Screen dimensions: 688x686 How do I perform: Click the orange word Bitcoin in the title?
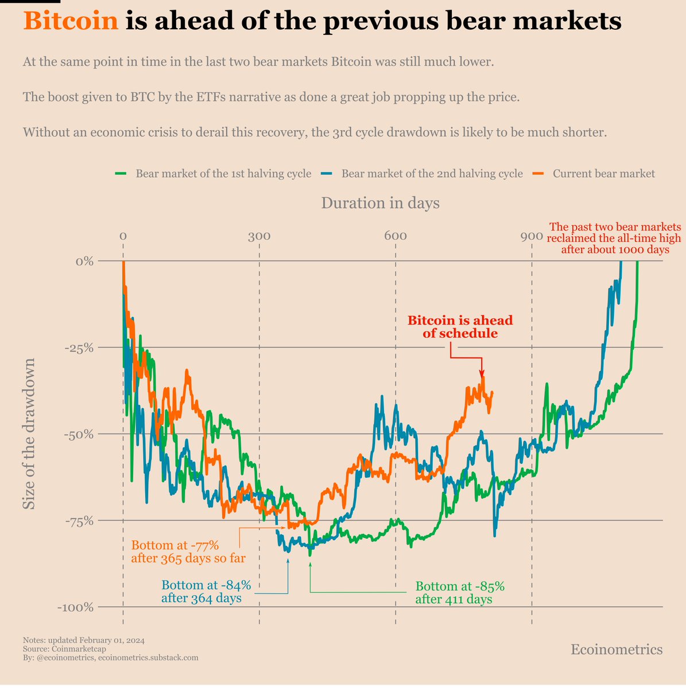(x=71, y=22)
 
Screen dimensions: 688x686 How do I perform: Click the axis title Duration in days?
(x=380, y=203)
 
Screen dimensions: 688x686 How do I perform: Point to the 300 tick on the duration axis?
(x=259, y=236)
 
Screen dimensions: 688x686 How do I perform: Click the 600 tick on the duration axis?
(x=395, y=236)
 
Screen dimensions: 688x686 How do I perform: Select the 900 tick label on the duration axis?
(x=532, y=236)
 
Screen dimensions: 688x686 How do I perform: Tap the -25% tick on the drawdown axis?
(x=77, y=347)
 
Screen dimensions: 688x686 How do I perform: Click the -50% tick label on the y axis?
(x=77, y=434)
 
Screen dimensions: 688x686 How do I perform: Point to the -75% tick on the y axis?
(x=77, y=521)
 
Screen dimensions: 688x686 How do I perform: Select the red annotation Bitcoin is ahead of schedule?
(x=460, y=327)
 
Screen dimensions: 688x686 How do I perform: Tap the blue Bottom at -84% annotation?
(x=206, y=592)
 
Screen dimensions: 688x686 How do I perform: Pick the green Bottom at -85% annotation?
(x=460, y=593)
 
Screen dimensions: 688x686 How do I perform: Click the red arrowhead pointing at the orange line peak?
(x=482, y=374)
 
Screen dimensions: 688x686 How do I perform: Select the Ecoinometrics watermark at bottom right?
(x=617, y=650)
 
